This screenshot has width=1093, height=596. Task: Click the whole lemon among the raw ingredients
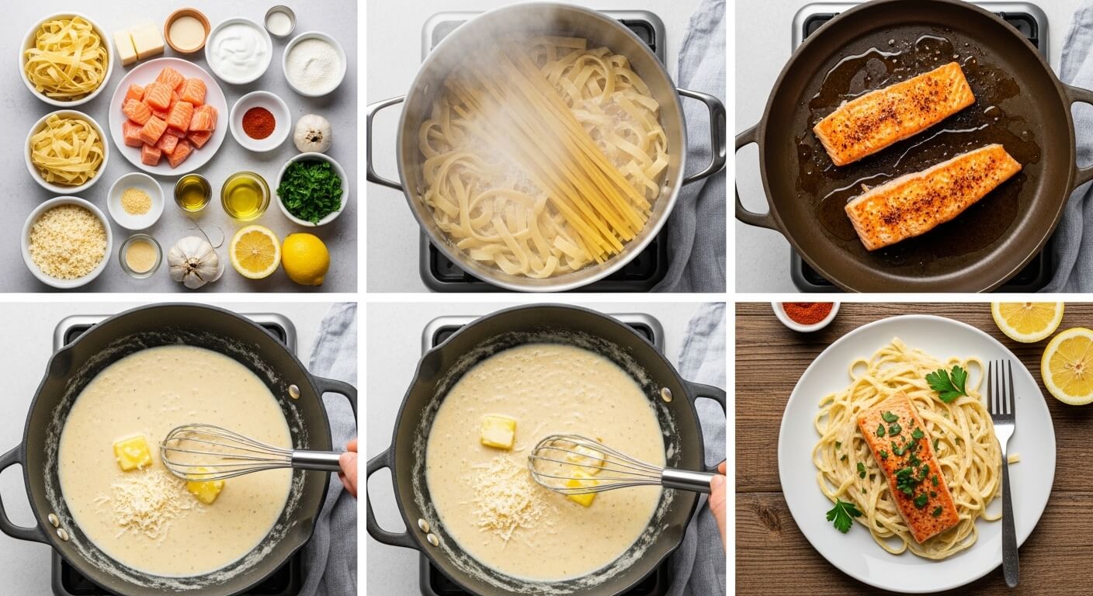(x=305, y=258)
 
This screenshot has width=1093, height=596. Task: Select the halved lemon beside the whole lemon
(x=255, y=251)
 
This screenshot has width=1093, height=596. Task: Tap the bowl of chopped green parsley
(x=311, y=189)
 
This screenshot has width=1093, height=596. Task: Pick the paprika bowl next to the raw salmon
(x=259, y=121)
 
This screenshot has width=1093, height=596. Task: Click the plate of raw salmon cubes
(x=168, y=116)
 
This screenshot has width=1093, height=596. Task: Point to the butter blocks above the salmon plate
(x=138, y=42)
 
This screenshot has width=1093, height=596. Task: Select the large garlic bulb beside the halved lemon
(x=193, y=262)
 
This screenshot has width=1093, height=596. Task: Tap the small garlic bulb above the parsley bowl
(x=313, y=133)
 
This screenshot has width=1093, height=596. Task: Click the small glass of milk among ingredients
(x=279, y=22)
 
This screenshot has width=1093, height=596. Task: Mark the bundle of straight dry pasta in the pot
(x=543, y=147)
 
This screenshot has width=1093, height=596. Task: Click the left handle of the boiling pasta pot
(x=383, y=144)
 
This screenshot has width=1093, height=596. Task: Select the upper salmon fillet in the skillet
(x=893, y=113)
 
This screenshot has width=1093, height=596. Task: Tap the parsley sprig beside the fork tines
(x=948, y=383)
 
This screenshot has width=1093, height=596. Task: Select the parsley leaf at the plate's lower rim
(x=842, y=514)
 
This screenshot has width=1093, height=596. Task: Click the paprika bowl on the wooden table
(x=807, y=314)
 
